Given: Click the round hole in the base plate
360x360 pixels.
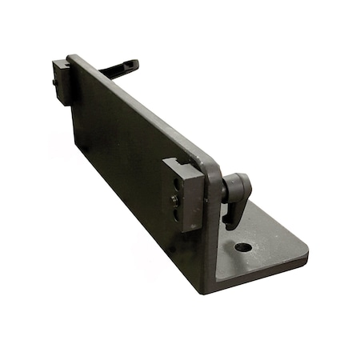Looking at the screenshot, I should point(243,246).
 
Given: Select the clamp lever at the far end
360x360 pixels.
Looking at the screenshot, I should point(120,70).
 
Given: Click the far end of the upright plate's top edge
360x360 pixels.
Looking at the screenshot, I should point(72,58).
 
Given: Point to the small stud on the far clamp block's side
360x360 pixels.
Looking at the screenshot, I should point(54,82).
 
